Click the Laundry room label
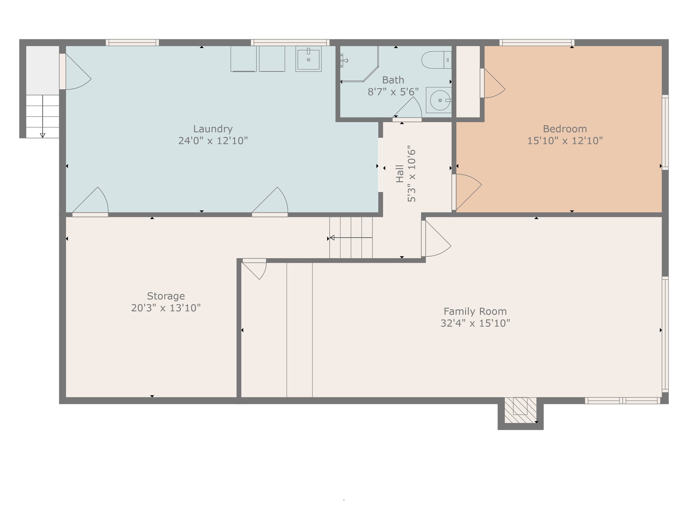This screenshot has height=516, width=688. [213, 129]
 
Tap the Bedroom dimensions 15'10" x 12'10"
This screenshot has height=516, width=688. [565, 141]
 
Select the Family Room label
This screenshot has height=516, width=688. [475, 311]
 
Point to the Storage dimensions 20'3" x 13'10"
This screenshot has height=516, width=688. [166, 308]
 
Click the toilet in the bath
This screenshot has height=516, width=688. [436, 60]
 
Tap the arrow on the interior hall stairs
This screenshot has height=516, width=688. [333, 238]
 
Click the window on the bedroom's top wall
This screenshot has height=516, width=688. [536, 43]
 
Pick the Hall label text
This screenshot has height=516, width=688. [399, 173]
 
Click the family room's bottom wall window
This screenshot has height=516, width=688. [622, 400]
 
